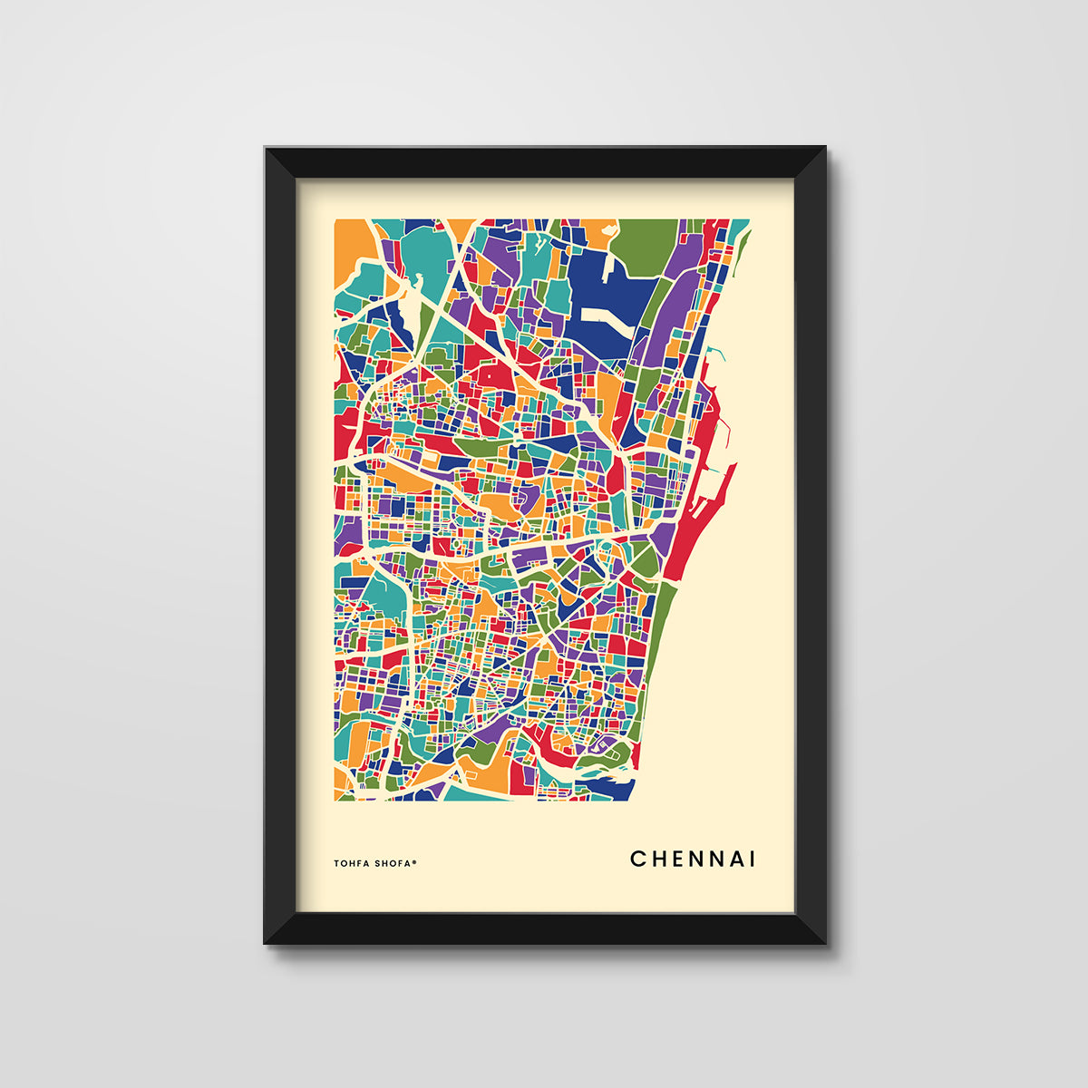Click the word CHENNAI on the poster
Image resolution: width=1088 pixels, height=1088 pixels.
coord(693,859)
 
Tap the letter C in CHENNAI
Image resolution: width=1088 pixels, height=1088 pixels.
coord(636,859)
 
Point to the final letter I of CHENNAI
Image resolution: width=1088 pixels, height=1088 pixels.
coord(752,859)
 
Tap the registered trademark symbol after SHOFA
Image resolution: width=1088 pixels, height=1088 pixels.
coord(414,861)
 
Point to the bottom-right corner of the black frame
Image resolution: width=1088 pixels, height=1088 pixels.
coord(823,941)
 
